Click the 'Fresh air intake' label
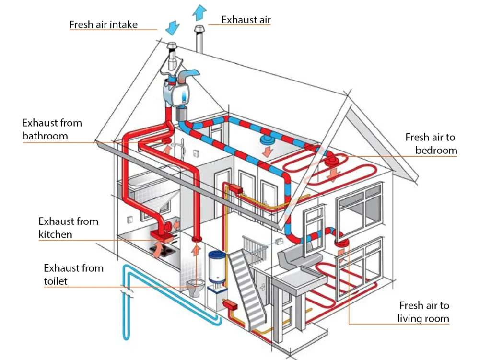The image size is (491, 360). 103,24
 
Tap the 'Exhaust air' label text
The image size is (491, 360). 246,20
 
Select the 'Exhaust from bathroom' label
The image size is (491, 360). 52,129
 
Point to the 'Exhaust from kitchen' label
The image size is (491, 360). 68,228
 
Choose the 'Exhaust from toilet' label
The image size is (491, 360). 73,274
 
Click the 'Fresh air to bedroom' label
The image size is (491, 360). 431,144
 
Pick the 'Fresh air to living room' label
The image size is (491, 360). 424,312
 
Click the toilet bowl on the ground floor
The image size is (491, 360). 195,287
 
